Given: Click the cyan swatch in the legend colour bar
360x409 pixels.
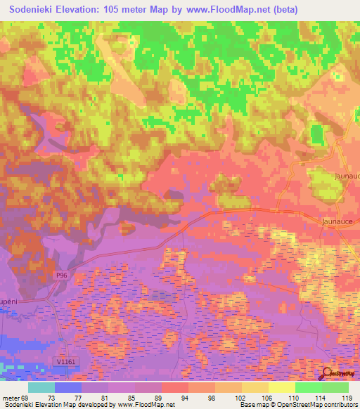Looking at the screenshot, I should [41, 387].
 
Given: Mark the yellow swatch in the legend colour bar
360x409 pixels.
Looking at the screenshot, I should [281, 387].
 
